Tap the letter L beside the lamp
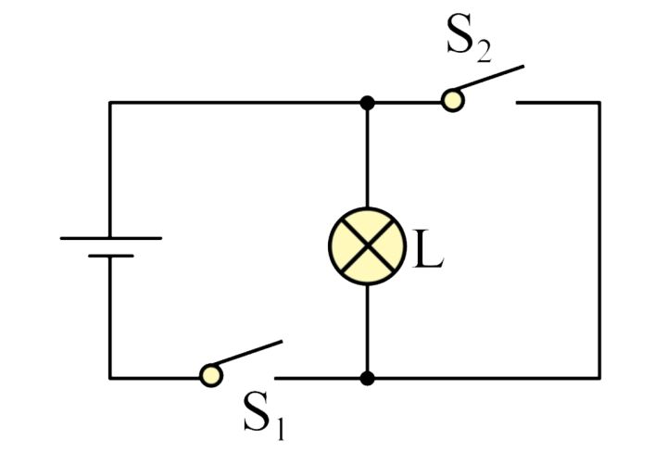[x=427, y=251]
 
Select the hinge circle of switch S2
[x=452, y=100]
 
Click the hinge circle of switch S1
[x=212, y=375]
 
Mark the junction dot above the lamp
[x=368, y=102]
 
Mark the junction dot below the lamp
[x=368, y=378]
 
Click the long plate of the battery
[x=110, y=238]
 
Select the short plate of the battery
[x=110, y=255]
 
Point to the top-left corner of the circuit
[x=110, y=102]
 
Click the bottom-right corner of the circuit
[x=598, y=378]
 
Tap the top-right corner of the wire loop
[x=598, y=102]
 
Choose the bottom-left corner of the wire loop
[x=110, y=378]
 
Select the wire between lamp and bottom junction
[x=368, y=329]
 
